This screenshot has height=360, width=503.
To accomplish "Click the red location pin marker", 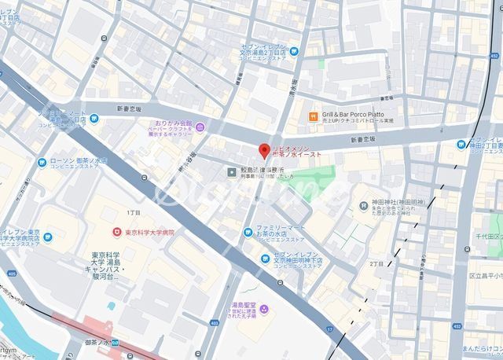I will click(264, 151).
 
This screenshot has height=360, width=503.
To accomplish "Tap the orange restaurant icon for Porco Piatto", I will click(312, 115).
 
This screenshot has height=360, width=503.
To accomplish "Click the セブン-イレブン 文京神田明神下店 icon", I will click(267, 258).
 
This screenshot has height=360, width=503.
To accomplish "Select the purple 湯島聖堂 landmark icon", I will click(264, 309).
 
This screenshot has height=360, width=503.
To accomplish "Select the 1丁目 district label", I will click(134, 214).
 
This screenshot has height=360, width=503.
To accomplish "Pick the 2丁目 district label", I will click(376, 264).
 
